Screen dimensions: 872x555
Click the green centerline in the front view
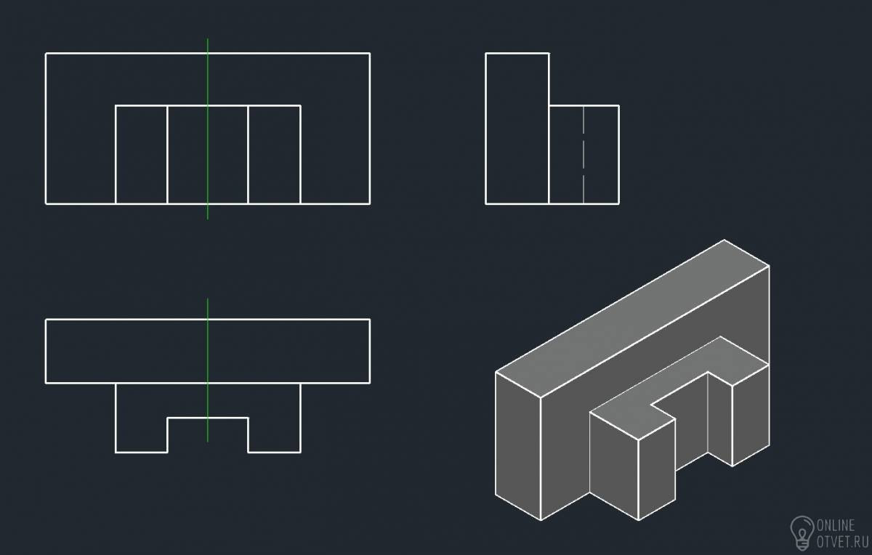(x=208, y=129)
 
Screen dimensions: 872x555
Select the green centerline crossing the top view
(x=208, y=370)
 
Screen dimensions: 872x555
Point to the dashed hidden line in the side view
(x=583, y=155)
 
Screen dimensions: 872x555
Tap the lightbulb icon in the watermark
(x=802, y=532)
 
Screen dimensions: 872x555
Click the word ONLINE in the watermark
(x=836, y=525)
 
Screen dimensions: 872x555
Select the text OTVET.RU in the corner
(x=842, y=542)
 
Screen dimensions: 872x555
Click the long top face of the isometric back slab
(x=632, y=318)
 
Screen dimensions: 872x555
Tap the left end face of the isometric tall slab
(x=518, y=445)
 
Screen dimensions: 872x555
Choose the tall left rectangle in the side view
(x=517, y=129)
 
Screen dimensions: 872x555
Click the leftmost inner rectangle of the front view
(x=141, y=155)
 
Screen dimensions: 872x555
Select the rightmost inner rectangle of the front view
(x=274, y=155)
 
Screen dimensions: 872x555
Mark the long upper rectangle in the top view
(x=208, y=351)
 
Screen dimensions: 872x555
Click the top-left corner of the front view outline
(x=46, y=53)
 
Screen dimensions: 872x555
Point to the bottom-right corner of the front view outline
(x=370, y=203)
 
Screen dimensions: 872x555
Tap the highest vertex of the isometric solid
(x=724, y=240)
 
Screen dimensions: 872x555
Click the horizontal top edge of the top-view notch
(x=208, y=418)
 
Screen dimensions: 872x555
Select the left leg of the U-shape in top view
(x=141, y=418)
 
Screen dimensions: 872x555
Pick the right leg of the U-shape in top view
(x=274, y=418)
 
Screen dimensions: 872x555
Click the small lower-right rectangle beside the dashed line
(x=601, y=155)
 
